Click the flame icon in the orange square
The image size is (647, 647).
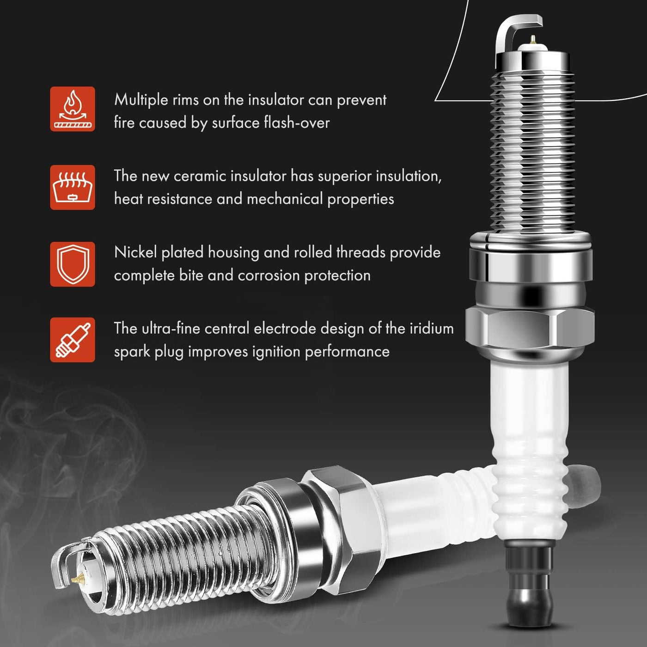click(73, 109)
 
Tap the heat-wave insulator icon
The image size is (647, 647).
click(73, 187)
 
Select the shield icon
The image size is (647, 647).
click(73, 264)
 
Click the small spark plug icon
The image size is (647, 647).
click(73, 340)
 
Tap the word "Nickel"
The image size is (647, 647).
click(135, 252)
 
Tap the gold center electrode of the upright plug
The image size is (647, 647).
click(533, 40)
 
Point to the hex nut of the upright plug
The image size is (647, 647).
click(530, 328)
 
